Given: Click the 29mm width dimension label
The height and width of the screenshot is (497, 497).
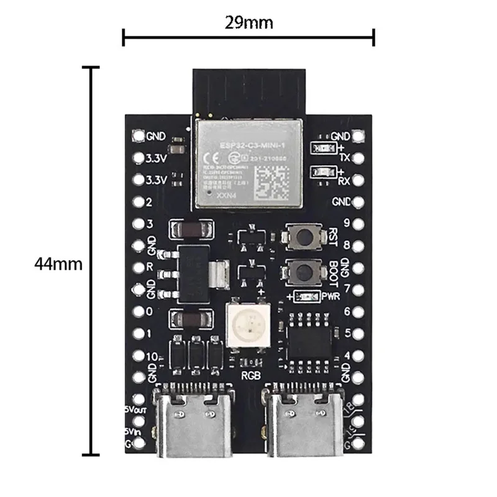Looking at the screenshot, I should click(x=248, y=24).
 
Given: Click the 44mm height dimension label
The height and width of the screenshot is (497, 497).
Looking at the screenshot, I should click(x=58, y=263).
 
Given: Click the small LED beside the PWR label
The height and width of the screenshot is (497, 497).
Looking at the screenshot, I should click(x=306, y=296).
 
